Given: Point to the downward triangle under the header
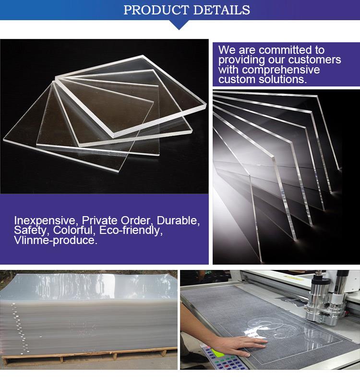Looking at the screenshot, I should (x=180, y=25).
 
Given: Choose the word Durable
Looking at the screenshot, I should (x=178, y=220).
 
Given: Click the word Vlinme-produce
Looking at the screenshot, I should (x=55, y=241).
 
